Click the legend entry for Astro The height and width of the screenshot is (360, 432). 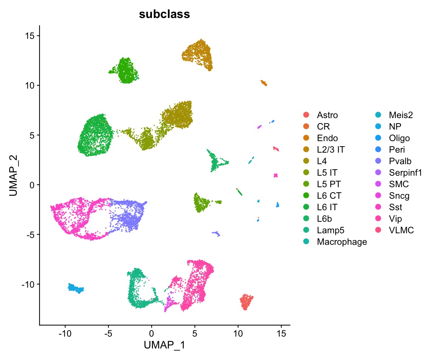(327, 115)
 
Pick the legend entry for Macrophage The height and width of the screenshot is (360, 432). (342, 242)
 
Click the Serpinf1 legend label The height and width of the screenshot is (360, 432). (405, 173)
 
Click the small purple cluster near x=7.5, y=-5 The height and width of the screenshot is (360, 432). (216, 234)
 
